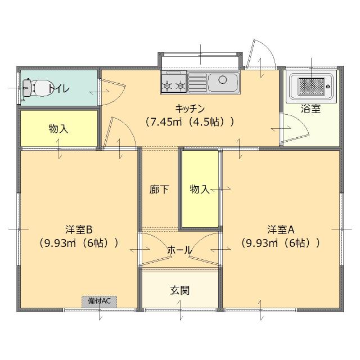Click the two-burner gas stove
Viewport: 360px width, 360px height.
(x=174, y=82)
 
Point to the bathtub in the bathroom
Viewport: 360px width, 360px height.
(x=310, y=86)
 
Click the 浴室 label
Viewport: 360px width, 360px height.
(x=310, y=109)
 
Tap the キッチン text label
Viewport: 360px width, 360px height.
(x=188, y=109)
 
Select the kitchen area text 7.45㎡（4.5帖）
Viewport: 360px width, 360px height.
(x=189, y=121)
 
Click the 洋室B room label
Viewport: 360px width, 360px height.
(x=78, y=229)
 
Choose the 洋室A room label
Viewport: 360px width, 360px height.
(x=281, y=229)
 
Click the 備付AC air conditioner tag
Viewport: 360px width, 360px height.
(x=100, y=301)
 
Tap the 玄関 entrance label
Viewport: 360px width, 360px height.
(x=179, y=290)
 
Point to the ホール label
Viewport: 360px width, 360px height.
(x=179, y=250)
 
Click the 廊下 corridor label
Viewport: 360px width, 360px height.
(x=159, y=190)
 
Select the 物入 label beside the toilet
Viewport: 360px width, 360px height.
(x=58, y=129)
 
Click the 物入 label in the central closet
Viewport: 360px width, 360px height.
(x=199, y=190)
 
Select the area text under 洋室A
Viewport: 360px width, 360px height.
(x=281, y=243)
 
